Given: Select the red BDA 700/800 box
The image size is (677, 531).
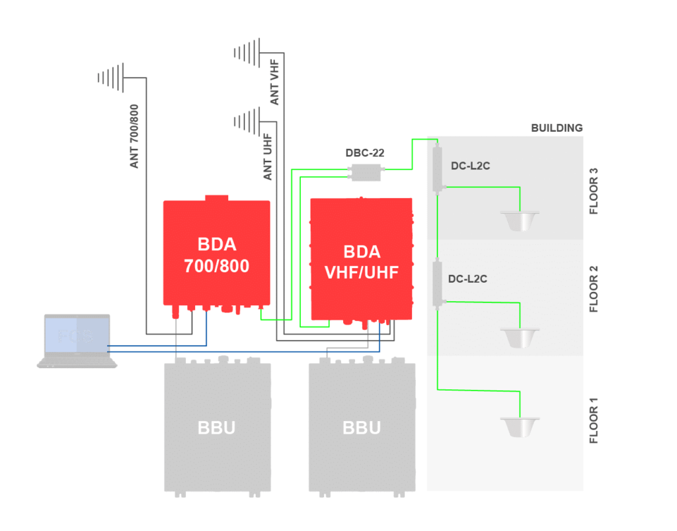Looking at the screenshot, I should tap(217, 254).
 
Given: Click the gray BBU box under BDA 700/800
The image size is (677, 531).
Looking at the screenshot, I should tap(218, 427).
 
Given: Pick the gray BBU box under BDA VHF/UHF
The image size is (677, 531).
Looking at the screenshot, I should tap(362, 427).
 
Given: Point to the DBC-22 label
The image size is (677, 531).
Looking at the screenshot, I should tap(365, 153).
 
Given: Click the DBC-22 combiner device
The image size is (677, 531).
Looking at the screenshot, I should tap(366, 173).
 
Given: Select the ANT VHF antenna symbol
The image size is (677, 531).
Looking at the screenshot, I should tap(247, 52).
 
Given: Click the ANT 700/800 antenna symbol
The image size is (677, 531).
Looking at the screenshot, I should tap(111, 77).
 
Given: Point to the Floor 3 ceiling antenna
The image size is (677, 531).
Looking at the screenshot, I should tap(520, 220).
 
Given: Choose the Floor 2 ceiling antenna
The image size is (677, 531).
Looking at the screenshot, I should tap(520, 336).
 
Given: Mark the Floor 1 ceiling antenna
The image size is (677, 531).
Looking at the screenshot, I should tap(520, 426).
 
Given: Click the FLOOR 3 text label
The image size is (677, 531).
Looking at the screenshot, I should tap(594, 191).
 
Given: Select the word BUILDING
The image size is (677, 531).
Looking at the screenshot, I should tap(557, 128).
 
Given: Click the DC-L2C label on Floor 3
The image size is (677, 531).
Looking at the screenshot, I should tap(470, 166).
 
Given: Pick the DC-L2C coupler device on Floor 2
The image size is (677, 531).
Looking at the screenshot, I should tap(437, 283).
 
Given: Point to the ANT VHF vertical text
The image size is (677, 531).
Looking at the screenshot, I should tap(275, 82).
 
